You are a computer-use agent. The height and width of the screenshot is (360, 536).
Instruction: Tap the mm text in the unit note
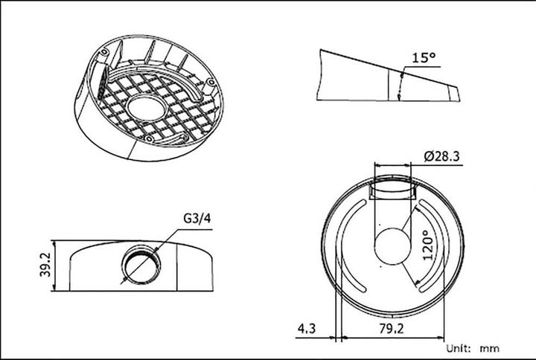pyautogui.click(x=490, y=347)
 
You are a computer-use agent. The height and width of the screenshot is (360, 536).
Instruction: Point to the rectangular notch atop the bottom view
pyautogui.click(x=392, y=188)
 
